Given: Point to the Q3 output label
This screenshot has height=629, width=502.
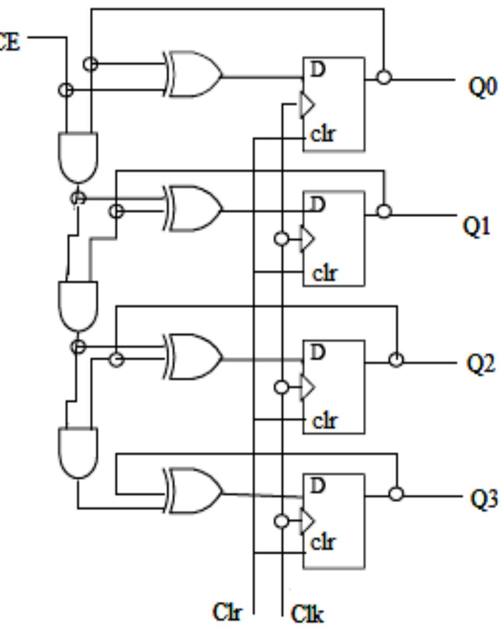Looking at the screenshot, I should click(484, 499).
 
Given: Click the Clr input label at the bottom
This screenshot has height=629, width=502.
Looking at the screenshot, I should click(227, 612).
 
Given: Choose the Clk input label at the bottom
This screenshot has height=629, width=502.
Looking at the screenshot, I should click(307, 613).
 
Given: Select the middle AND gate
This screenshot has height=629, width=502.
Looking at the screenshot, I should click(78, 305).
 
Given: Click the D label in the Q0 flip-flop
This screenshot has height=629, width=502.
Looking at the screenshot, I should click(318, 70).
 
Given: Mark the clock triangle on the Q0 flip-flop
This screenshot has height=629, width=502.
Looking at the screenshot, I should click(306, 105).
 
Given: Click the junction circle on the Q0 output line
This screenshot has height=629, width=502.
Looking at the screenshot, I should click(383, 78).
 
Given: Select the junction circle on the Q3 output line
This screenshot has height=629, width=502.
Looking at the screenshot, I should click(396, 494).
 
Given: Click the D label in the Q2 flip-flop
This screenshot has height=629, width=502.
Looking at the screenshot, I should click(318, 353).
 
